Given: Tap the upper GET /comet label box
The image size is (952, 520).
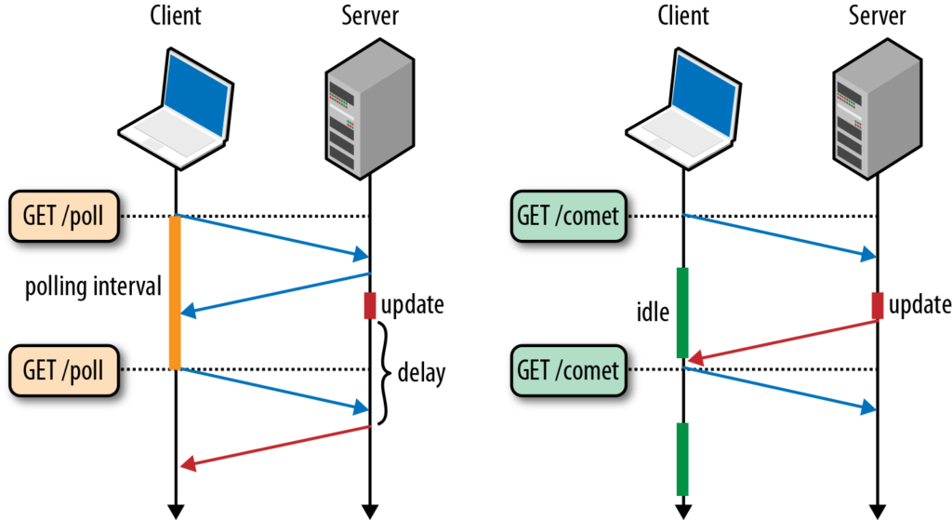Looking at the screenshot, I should click(567, 216).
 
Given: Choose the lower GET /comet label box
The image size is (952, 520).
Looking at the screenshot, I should click(567, 369).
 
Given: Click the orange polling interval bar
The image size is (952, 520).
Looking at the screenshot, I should click(175, 292).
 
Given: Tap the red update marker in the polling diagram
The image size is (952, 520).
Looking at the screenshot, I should click(369, 305).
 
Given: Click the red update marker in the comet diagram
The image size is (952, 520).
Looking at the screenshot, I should click(877, 305).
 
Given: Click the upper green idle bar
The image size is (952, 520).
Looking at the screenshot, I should click(682, 313).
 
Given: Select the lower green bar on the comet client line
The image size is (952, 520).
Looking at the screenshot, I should click(682, 459).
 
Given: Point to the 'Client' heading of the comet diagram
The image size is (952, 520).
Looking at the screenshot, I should click(682, 16).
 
